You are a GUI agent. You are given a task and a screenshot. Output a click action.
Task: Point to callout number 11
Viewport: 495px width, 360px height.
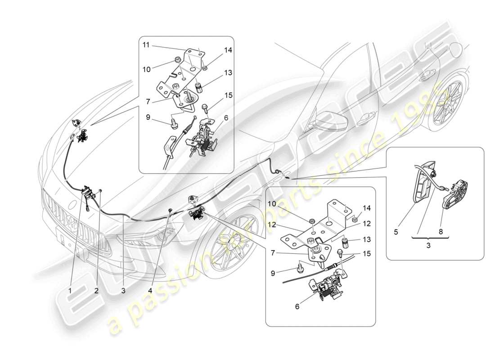coord(147,45)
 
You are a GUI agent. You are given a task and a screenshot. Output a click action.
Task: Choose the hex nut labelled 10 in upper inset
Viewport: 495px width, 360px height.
coord(177,60)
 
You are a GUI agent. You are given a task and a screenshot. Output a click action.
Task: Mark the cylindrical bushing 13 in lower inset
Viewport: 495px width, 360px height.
coord(346,243)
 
